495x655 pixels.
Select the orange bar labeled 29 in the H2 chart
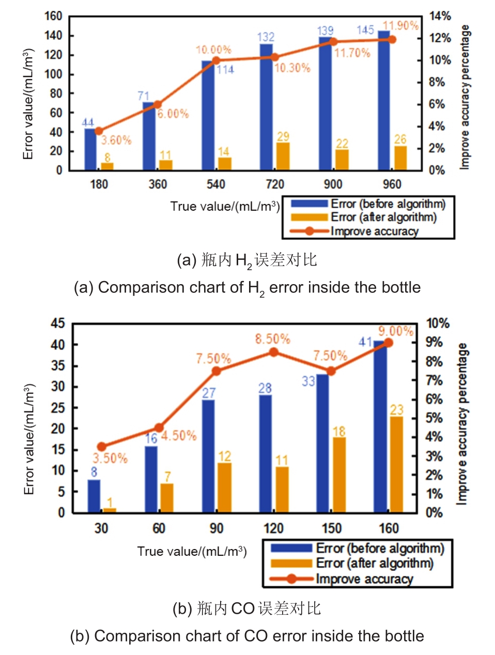(283, 157)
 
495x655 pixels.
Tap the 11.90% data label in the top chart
(400, 26)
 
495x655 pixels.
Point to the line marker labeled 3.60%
(99, 131)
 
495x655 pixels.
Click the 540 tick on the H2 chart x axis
(216, 184)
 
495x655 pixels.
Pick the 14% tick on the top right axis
(440, 17)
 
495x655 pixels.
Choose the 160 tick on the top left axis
(53, 17)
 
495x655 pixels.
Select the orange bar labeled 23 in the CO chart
(396, 464)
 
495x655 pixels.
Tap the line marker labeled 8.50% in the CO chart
(274, 352)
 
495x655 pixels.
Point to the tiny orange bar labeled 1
(110, 510)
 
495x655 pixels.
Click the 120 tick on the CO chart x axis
(273, 528)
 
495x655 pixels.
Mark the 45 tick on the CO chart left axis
(58, 324)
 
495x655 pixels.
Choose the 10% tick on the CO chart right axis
(437, 324)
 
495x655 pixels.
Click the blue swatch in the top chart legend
(309, 204)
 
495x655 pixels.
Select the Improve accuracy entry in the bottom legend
(364, 579)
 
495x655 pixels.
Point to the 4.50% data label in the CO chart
(179, 435)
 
